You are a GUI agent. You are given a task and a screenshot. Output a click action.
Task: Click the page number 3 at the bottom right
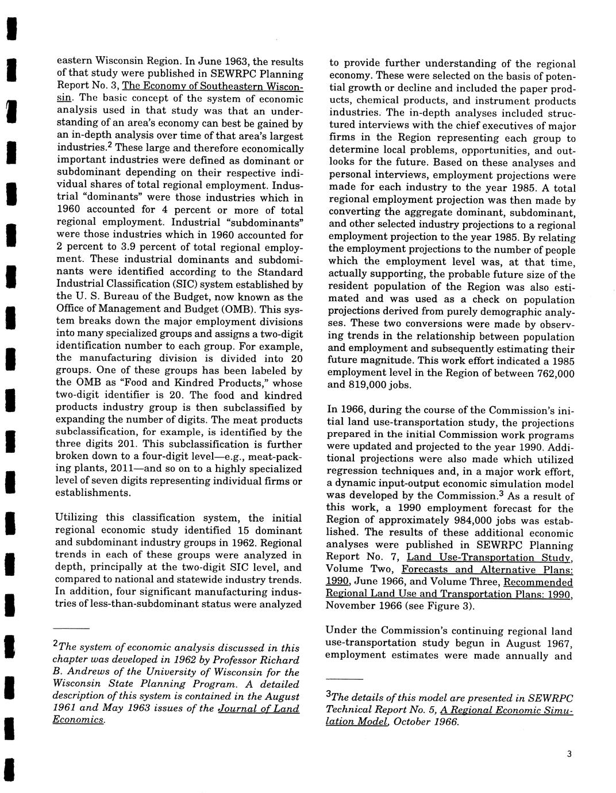click(x=568, y=754)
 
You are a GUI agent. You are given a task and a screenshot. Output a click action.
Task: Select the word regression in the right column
click(x=351, y=472)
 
